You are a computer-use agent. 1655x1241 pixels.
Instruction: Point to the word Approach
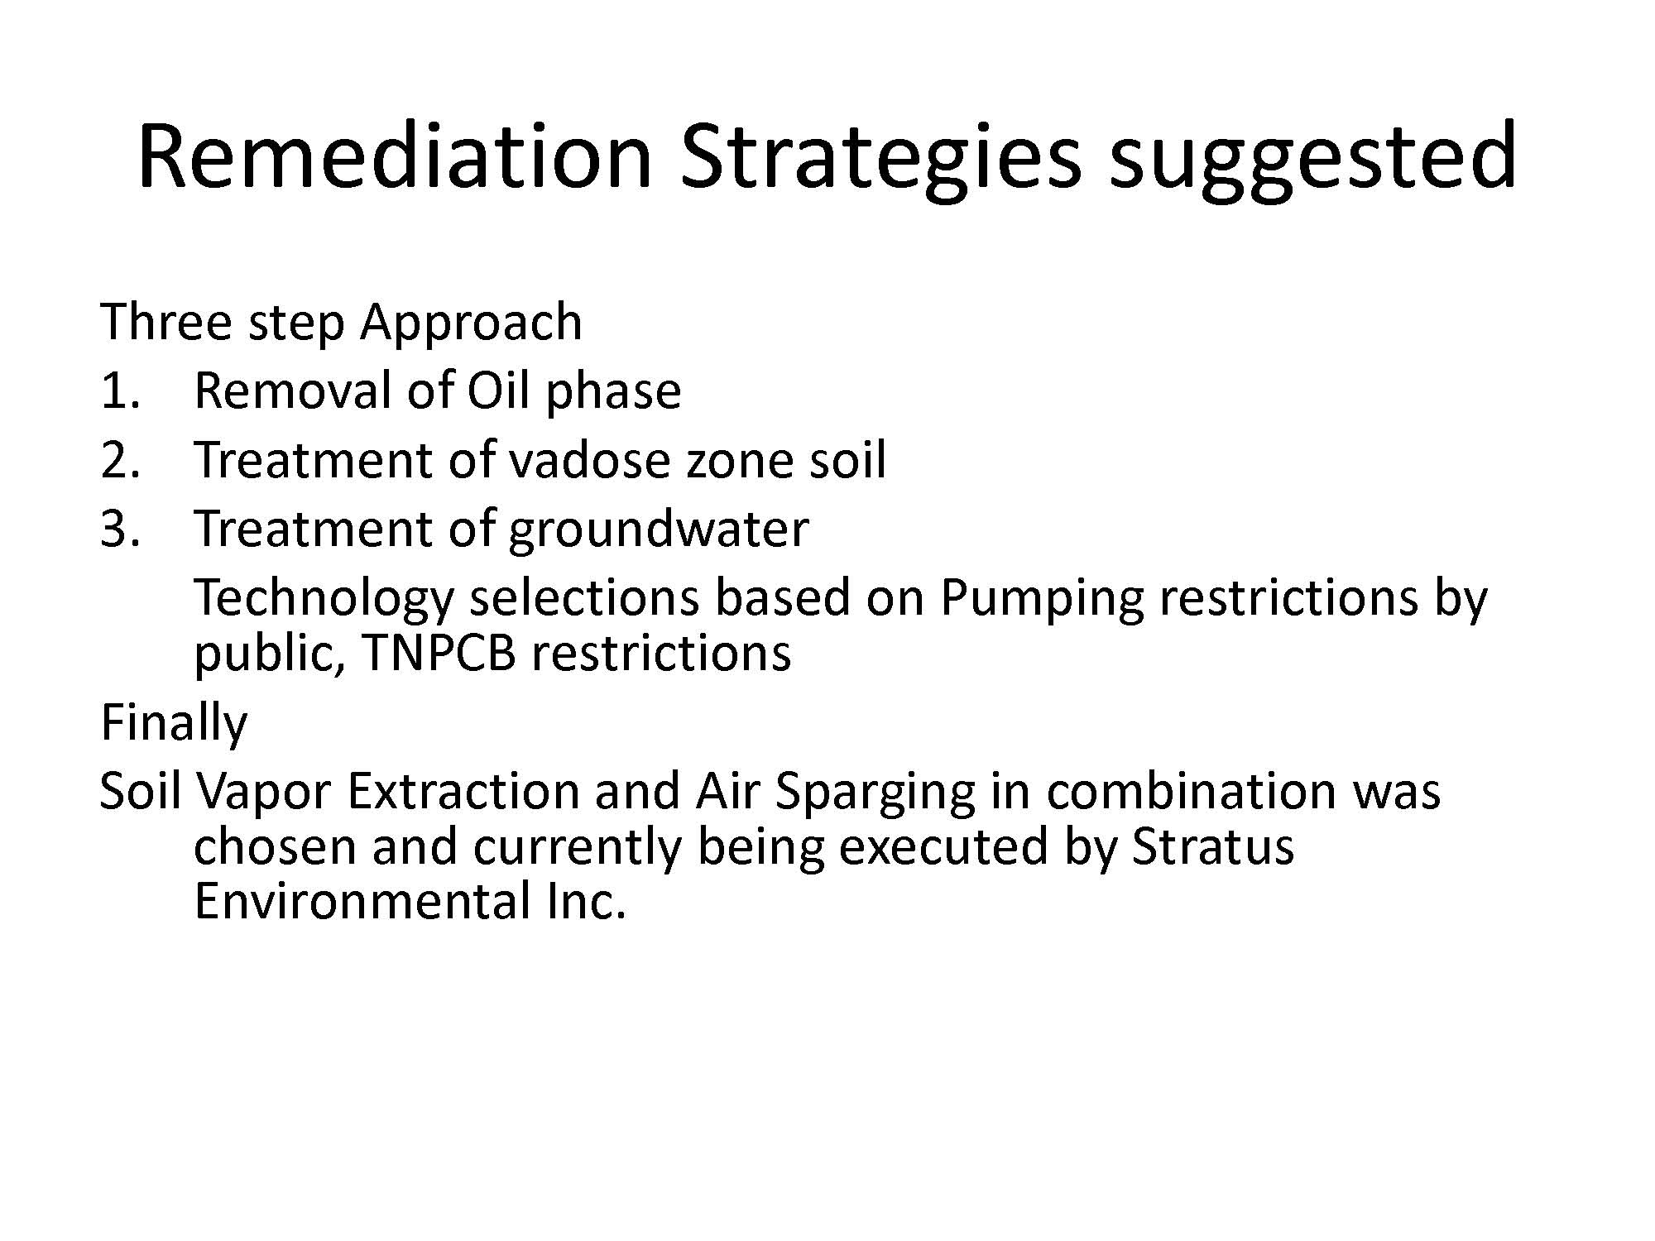472,323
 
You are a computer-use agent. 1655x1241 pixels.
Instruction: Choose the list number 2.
121,460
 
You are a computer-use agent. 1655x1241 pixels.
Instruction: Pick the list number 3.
121,529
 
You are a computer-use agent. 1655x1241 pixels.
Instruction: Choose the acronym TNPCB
439,654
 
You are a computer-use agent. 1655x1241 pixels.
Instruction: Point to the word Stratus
1212,846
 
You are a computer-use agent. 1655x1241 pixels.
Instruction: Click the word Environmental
362,901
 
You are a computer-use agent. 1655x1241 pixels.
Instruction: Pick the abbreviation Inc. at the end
586,901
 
